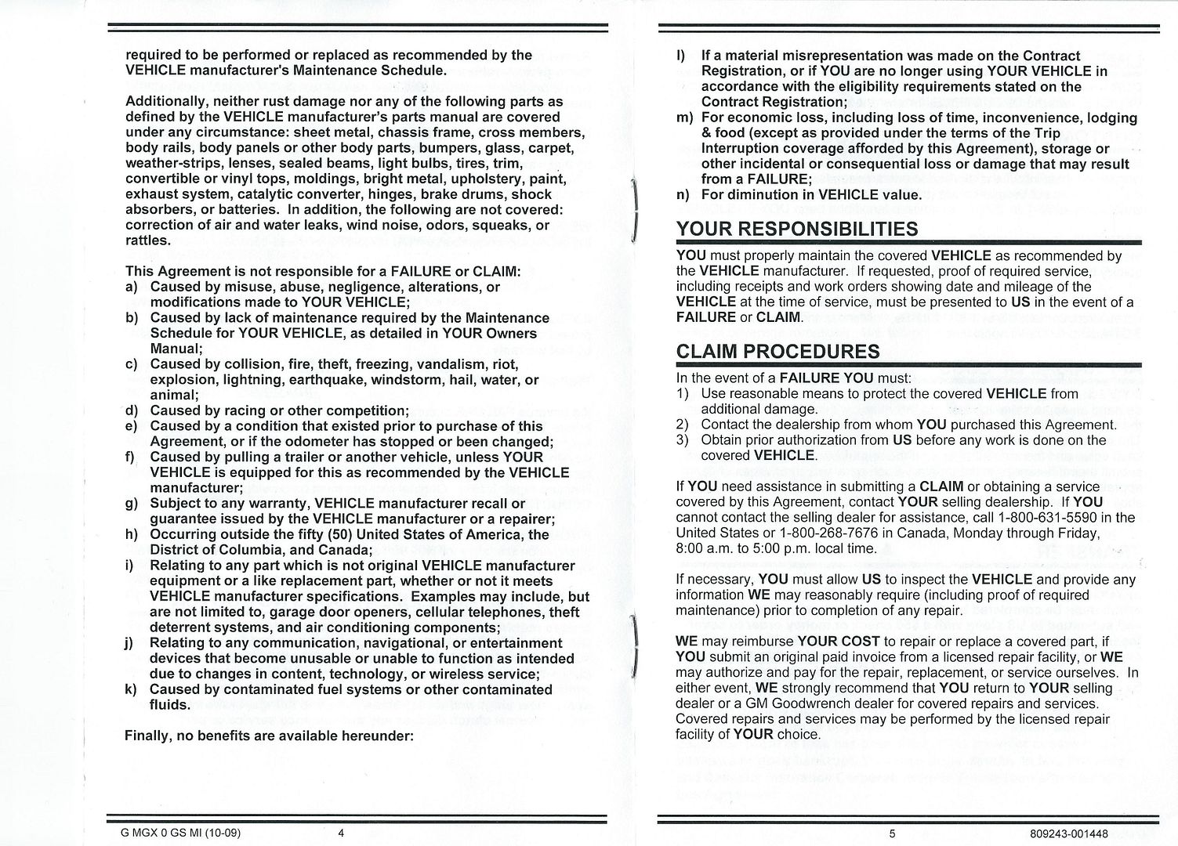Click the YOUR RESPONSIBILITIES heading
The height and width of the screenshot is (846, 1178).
(x=797, y=230)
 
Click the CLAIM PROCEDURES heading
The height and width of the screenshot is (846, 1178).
(x=777, y=352)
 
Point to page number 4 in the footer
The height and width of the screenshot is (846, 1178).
(x=341, y=833)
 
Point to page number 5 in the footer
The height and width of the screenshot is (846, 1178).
(x=892, y=833)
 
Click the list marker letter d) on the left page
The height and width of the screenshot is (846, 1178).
(x=131, y=410)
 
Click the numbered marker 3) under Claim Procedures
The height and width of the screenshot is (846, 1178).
(x=683, y=440)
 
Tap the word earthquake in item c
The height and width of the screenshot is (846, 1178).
(x=325, y=380)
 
